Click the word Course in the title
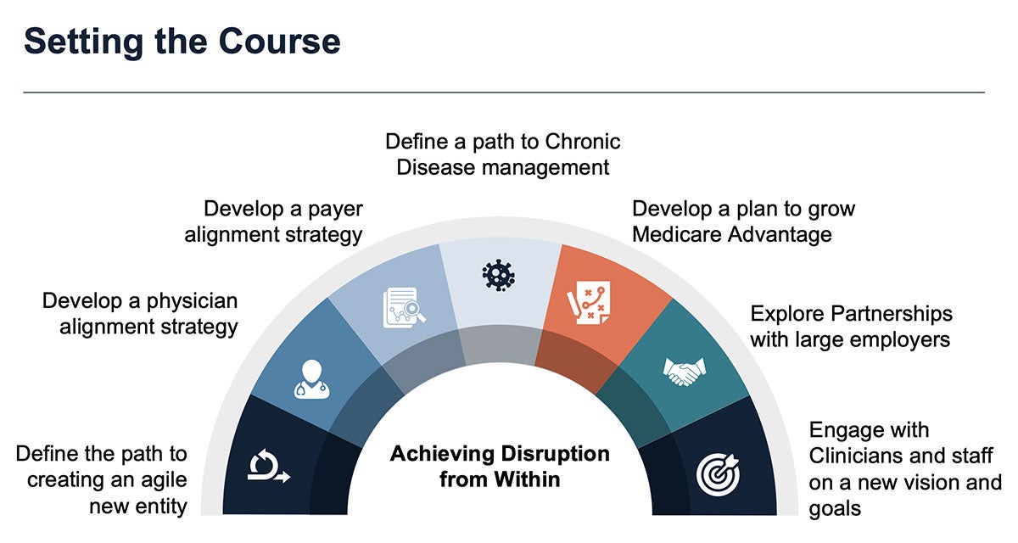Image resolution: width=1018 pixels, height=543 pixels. (x=279, y=42)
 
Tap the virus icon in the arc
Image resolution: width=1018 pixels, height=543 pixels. (x=499, y=275)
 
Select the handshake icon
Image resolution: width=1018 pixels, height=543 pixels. (x=685, y=372)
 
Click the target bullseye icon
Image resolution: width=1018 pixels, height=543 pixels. (x=718, y=474)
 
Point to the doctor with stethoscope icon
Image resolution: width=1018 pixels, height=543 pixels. (x=312, y=379)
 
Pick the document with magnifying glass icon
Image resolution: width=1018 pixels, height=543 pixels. (x=404, y=308)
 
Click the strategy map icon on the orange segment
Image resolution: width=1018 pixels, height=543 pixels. (x=589, y=303)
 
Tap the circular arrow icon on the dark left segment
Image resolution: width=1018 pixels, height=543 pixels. (x=269, y=465)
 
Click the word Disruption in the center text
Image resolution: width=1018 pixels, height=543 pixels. (x=556, y=453)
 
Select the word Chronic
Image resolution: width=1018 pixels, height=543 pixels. (x=583, y=142)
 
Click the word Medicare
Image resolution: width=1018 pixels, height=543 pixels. (x=677, y=235)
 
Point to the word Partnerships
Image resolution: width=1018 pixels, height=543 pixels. (x=892, y=315)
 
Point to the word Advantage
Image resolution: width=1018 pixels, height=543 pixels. (x=780, y=235)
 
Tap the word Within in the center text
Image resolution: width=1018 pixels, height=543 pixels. (x=527, y=479)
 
